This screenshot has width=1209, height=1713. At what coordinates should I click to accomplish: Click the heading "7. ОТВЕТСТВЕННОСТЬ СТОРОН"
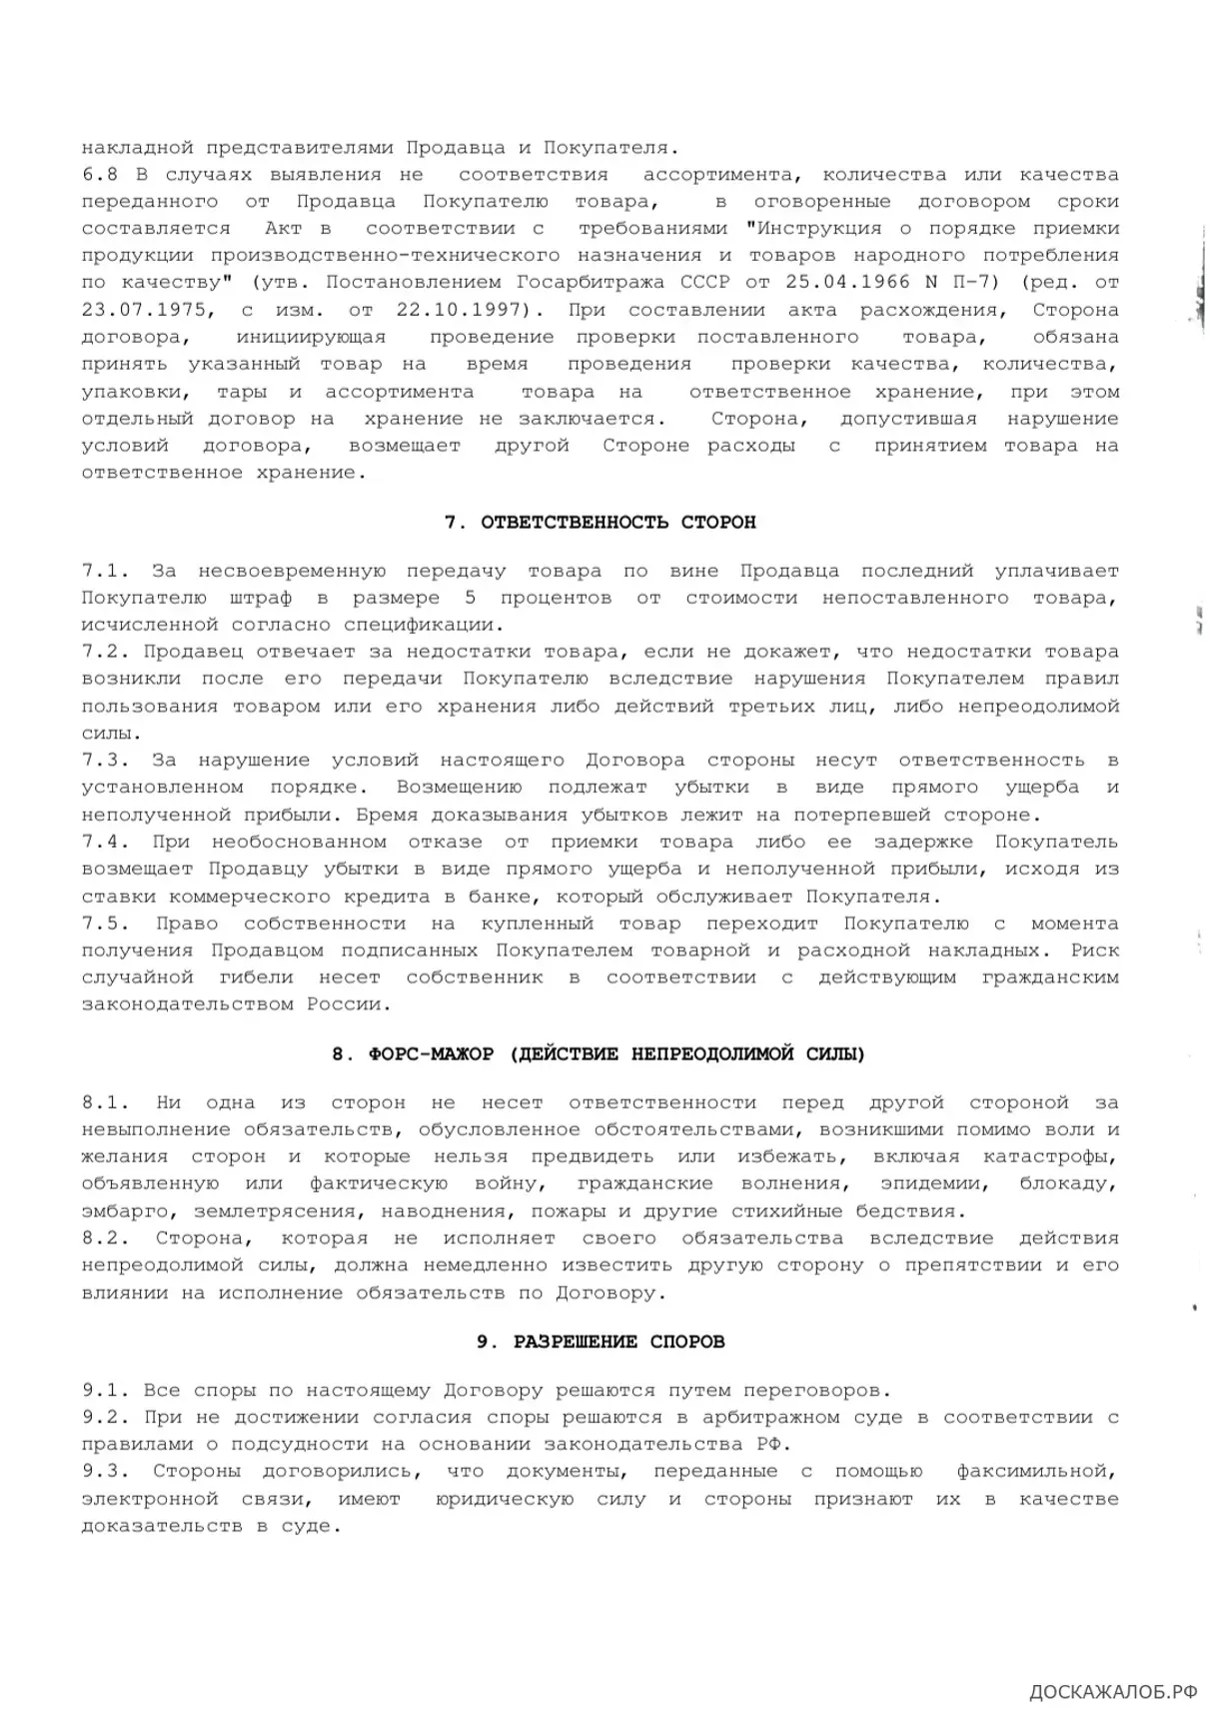(x=600, y=523)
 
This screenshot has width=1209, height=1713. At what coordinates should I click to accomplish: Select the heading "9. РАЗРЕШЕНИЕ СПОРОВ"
(x=600, y=1341)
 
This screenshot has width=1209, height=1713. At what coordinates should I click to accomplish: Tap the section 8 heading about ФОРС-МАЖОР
(x=599, y=1054)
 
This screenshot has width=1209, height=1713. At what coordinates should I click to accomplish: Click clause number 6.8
(x=100, y=175)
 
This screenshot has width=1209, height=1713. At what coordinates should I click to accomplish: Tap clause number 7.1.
(x=106, y=572)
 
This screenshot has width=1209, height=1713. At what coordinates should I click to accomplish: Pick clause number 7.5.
(x=106, y=923)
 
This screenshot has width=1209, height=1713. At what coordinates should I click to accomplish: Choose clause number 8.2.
(x=106, y=1238)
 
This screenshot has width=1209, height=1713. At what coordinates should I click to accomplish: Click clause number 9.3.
(x=106, y=1471)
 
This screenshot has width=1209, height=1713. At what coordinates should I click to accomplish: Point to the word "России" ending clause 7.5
(x=343, y=1004)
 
